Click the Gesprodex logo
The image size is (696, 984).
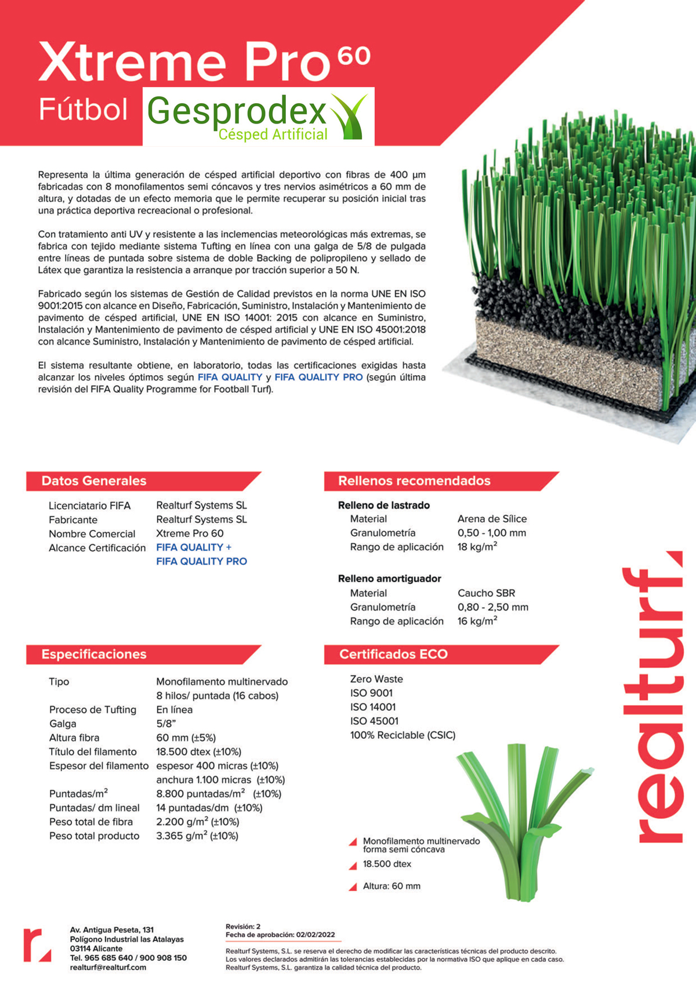258,116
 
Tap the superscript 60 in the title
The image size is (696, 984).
354,56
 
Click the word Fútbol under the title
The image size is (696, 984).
83,110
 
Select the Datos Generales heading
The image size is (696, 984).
94,481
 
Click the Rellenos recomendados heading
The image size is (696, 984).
414,481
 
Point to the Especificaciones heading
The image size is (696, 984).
94,654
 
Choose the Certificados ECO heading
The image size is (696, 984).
393,654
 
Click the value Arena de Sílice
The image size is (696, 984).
492,519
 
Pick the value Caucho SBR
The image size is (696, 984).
486,593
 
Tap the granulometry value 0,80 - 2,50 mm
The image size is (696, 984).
492,607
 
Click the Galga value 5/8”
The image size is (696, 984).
166,724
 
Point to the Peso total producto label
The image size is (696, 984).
94,836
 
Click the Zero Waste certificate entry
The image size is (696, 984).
376,679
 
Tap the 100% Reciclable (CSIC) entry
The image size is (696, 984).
403,735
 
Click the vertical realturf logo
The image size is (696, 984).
660,696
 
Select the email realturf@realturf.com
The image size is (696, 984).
108,967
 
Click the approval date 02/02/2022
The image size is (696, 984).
316,935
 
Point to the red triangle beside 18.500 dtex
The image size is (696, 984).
353,866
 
